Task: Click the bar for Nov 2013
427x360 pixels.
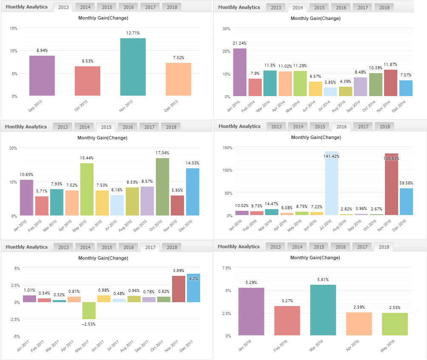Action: click(x=133, y=67)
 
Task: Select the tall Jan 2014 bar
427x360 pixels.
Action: click(x=240, y=72)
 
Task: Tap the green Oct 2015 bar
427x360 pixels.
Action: click(x=162, y=187)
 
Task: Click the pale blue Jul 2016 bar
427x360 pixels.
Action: click(x=331, y=183)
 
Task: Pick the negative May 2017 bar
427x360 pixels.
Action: click(x=89, y=311)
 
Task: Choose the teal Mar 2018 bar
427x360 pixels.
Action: click(x=323, y=310)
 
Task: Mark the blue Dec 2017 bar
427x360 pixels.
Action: click(x=193, y=288)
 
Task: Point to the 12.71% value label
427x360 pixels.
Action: click(x=133, y=33)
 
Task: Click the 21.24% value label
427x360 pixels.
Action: click(x=240, y=43)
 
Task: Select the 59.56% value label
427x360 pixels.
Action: click(x=407, y=183)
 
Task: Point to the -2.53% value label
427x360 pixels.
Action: click(x=89, y=324)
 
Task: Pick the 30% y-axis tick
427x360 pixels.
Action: click(x=226, y=29)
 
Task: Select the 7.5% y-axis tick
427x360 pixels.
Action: click(x=226, y=268)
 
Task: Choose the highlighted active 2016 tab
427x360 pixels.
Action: click(x=341, y=127)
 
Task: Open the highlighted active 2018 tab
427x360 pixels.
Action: click(x=384, y=247)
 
